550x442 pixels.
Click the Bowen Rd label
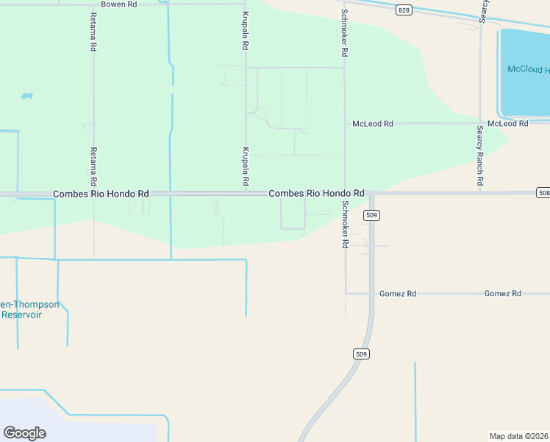[119, 4]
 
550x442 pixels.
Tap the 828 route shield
[404, 10]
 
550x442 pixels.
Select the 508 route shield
[543, 193]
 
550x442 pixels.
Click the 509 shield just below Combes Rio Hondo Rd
[371, 215]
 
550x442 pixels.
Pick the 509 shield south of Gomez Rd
[360, 354]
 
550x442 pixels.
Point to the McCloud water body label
[528, 70]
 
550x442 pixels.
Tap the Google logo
[24, 433]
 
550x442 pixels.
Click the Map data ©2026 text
[518, 436]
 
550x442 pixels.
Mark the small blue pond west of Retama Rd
[27, 96]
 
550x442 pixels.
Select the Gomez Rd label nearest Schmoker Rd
[398, 294]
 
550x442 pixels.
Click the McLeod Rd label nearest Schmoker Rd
[373, 124]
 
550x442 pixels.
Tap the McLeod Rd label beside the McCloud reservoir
[508, 124]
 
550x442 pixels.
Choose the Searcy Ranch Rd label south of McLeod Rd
[479, 155]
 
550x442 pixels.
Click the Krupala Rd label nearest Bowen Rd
[246, 31]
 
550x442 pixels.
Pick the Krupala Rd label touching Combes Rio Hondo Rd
[246, 166]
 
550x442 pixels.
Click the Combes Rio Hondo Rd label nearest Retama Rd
[101, 194]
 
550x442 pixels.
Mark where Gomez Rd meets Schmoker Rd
[346, 293]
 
